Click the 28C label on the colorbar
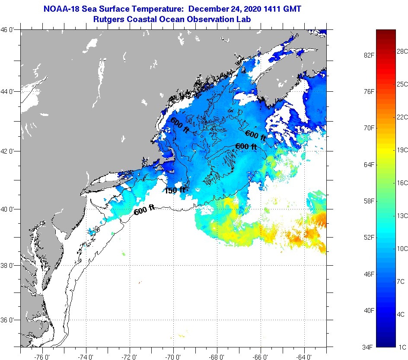tap(402, 51)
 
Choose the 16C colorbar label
tap(402, 183)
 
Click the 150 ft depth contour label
tap(175, 190)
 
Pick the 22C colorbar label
tap(402, 117)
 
